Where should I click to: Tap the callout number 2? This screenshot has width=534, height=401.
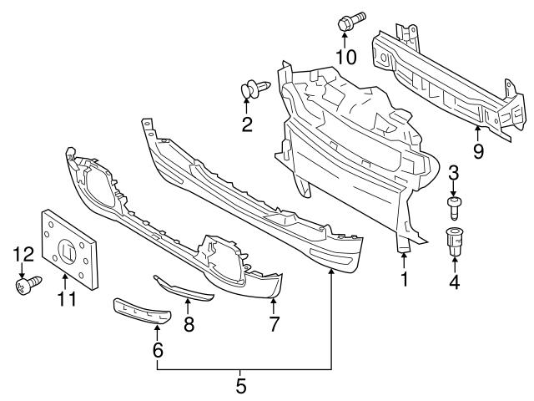(x=246, y=125)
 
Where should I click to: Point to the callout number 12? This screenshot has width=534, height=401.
(x=22, y=254)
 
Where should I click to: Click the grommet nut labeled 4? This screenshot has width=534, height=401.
(x=455, y=241)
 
